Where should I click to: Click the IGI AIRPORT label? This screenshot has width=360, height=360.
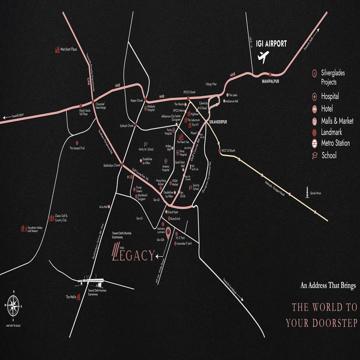[271, 44]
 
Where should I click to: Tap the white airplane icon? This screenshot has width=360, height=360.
[263, 57]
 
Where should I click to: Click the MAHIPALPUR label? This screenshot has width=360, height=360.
[270, 80]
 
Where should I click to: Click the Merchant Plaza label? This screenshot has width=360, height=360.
[68, 49]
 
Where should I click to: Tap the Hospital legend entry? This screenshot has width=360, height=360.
[330, 96]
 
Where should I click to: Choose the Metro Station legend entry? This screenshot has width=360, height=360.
[335, 143]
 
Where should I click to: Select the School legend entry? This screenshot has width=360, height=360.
[329, 155]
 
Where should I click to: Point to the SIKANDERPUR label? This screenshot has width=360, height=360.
[218, 122]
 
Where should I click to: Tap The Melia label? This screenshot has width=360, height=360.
[71, 297]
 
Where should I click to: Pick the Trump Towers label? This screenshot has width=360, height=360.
[139, 189]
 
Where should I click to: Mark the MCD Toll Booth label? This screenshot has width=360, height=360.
[228, 151]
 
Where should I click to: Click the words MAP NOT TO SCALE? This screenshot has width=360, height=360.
[13, 325]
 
